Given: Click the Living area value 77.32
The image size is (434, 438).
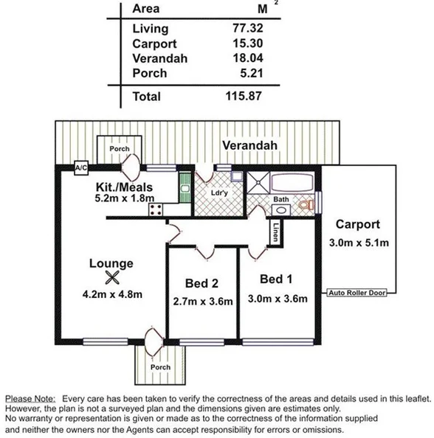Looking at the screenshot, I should [245, 29].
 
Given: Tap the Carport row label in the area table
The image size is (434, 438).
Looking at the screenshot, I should [154, 44].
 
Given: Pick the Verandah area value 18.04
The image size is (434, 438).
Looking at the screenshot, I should [245, 58].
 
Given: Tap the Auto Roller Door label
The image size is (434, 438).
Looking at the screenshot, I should [357, 292].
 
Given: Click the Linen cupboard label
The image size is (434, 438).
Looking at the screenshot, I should [275, 231].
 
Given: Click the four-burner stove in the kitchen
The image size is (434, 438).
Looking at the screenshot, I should [156, 209].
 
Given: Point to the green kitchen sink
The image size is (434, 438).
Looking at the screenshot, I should [182, 189].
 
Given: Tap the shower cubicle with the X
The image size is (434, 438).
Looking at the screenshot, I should [258, 183].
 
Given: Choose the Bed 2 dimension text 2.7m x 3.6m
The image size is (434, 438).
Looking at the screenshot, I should [203, 301].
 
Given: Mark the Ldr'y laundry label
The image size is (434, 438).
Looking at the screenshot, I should [218, 195].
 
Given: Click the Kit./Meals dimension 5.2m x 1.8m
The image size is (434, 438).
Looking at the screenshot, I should [125, 198].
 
